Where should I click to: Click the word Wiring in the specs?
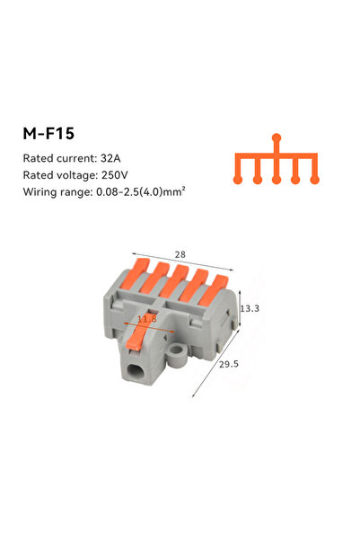[x=40, y=192]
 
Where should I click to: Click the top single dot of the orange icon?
[x=277, y=137]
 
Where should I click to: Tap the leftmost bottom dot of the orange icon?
[x=239, y=180]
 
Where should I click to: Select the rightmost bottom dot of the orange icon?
[x=314, y=180]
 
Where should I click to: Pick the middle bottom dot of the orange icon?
[x=277, y=180]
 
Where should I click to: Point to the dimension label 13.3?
[x=250, y=308]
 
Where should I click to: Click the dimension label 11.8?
[x=147, y=319]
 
